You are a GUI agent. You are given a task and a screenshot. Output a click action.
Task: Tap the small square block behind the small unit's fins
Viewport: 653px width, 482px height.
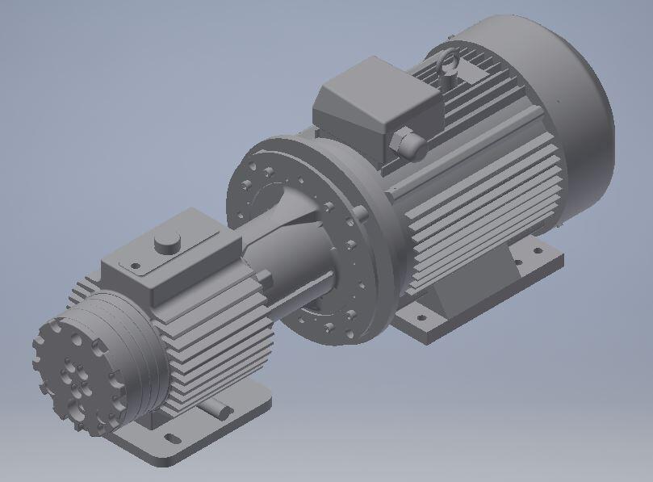pos(265,279)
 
